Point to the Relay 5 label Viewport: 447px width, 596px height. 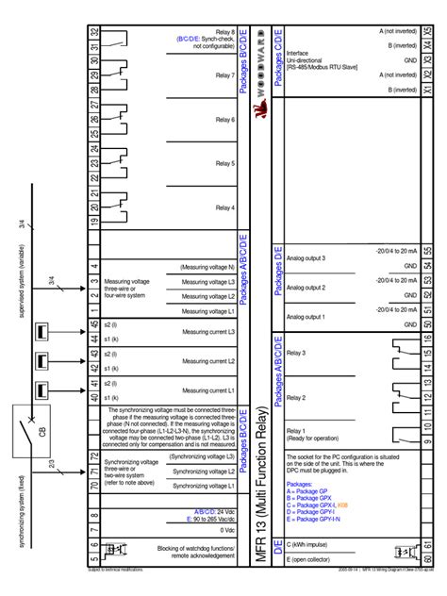(x=224, y=163)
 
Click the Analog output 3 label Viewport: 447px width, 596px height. (x=306, y=257)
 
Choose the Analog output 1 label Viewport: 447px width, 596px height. (x=306, y=317)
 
